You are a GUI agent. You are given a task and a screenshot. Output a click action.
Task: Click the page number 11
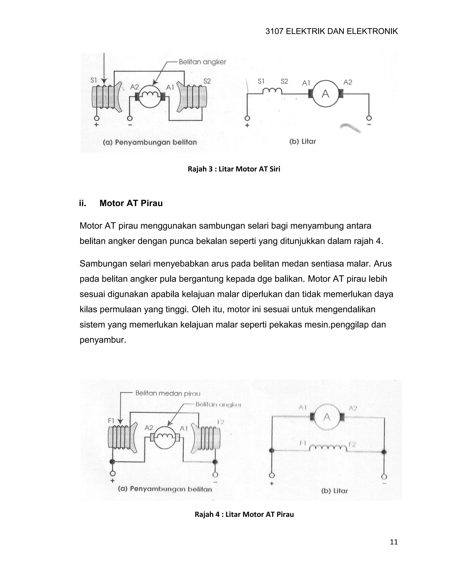click(394, 542)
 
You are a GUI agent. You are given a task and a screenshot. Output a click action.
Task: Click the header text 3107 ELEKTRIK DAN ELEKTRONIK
click(331, 31)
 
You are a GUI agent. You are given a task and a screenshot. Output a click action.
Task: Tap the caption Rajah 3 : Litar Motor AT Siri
click(234, 169)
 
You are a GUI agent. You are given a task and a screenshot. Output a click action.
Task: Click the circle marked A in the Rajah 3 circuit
click(325, 94)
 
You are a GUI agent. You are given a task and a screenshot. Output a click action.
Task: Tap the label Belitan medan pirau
click(168, 393)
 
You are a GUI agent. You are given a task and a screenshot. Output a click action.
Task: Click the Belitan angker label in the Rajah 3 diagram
click(202, 62)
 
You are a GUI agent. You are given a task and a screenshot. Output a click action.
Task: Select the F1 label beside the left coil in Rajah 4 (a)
click(111, 421)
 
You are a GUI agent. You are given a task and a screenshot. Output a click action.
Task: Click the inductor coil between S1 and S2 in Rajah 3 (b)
click(272, 92)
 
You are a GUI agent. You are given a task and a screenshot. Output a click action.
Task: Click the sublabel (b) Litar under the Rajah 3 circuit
click(302, 141)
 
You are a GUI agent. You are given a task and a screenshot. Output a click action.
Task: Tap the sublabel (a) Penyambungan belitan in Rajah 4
click(165, 489)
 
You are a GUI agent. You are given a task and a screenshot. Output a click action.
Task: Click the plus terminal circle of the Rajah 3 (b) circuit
click(247, 118)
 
